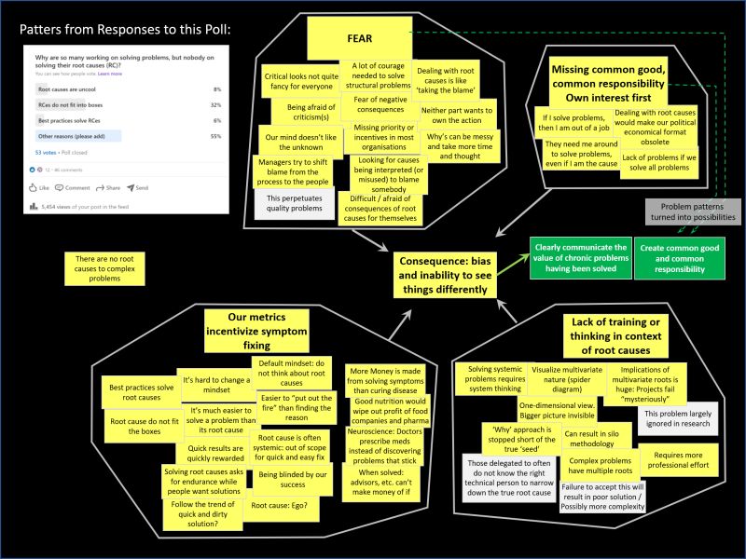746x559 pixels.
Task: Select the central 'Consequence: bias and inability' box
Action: (x=457, y=273)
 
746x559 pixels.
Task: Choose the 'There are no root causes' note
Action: (x=104, y=267)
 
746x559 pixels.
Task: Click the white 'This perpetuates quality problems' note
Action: (x=295, y=205)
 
